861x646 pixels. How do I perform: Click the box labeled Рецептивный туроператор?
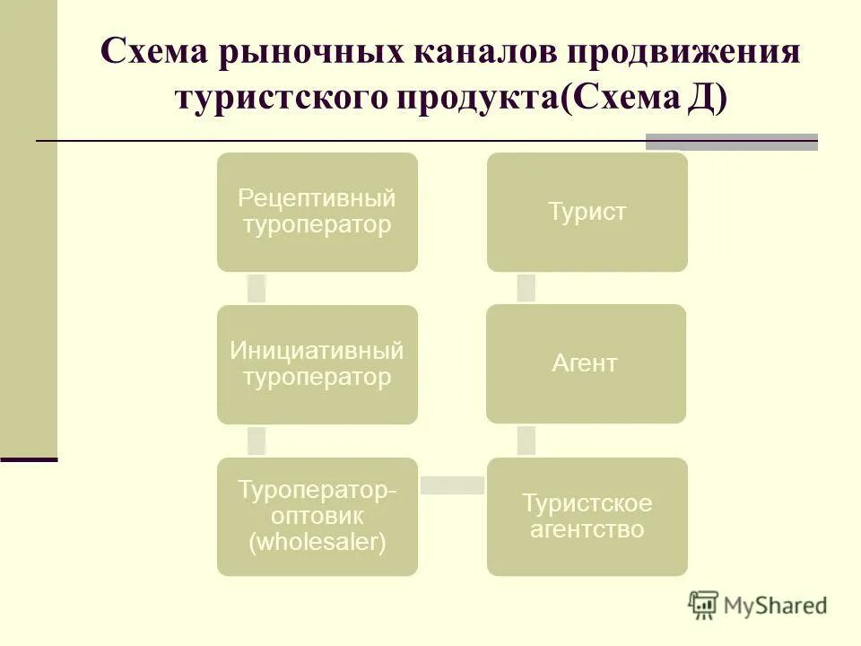(317, 212)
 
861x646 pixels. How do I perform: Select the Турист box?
(587, 212)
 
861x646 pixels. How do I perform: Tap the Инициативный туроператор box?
(317, 364)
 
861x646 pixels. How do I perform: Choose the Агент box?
(586, 363)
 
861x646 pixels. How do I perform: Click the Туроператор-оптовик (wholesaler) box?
(317, 517)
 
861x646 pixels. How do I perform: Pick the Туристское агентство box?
(587, 517)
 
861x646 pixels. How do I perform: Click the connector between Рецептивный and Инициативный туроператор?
(257, 288)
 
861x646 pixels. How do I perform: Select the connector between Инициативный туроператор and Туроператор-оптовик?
(257, 441)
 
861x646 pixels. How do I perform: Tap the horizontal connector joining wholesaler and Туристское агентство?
(452, 485)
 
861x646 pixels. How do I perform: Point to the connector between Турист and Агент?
(526, 287)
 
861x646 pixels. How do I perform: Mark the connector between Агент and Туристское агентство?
(526, 441)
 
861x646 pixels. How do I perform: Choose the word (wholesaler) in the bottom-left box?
(317, 542)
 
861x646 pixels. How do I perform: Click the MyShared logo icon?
(704, 605)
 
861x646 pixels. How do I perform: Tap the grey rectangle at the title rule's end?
(732, 142)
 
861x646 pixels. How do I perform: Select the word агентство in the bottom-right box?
(587, 529)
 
